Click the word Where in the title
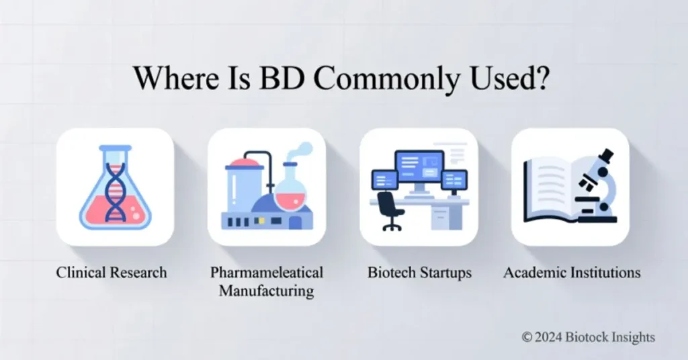169,79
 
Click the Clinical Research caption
112,273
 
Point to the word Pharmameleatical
267,273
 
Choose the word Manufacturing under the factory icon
267,291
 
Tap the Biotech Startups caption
419,273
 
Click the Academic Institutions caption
572,273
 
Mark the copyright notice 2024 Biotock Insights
587,336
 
